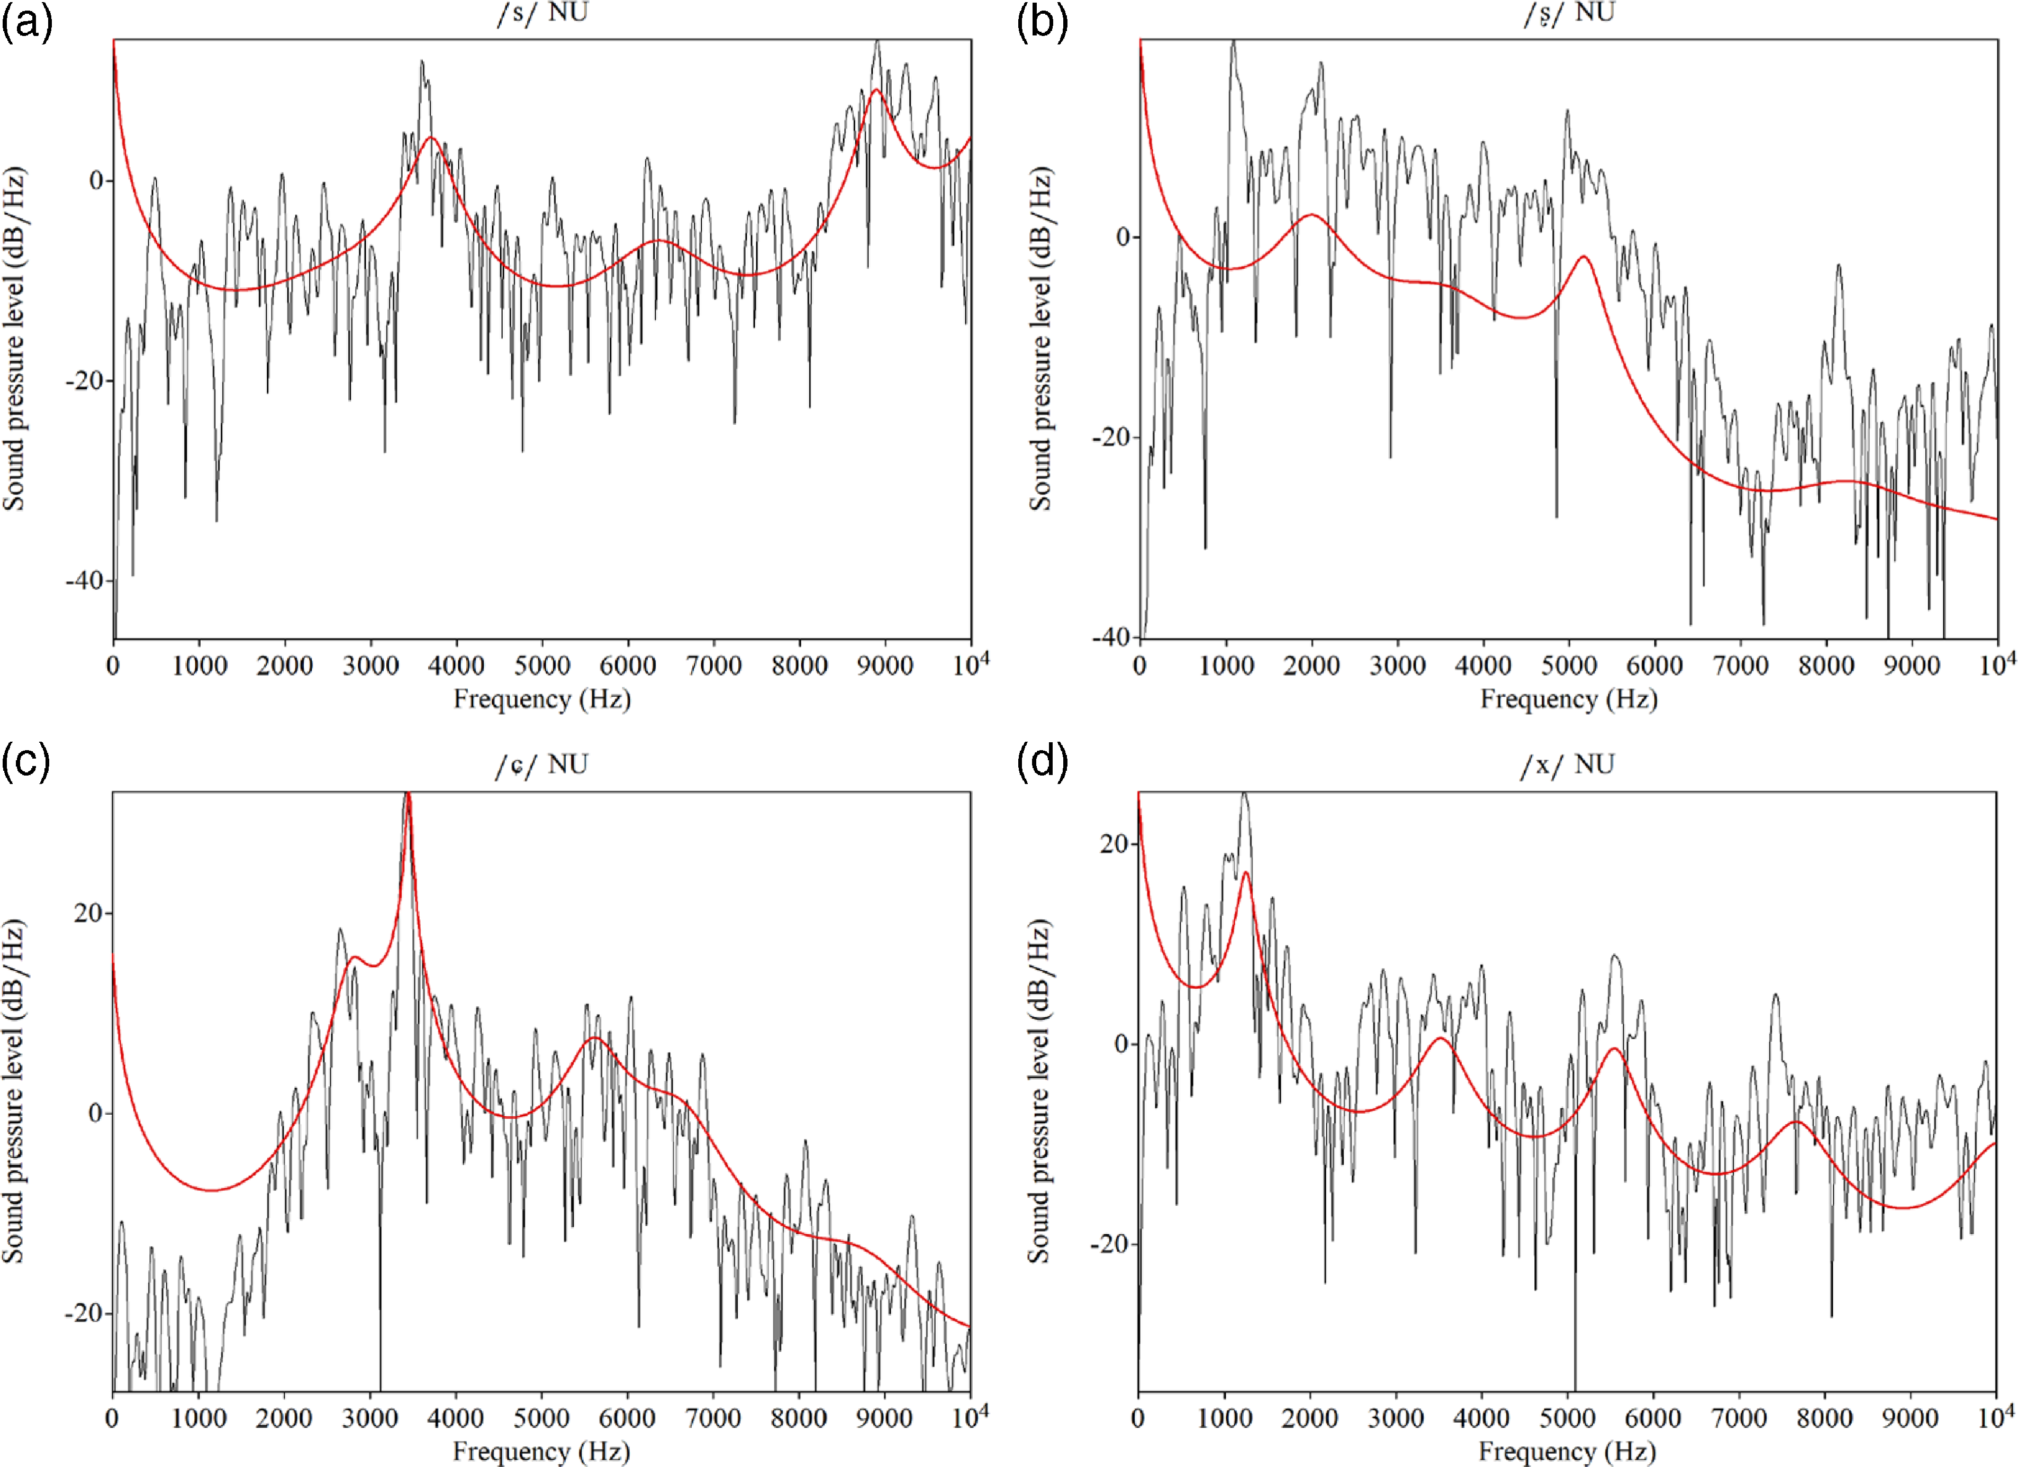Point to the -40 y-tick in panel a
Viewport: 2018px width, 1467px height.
click(x=85, y=580)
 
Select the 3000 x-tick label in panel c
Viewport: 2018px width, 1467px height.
click(x=370, y=1418)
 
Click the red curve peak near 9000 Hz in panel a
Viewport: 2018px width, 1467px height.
click(x=876, y=90)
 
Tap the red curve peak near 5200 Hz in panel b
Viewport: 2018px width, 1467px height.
click(x=1584, y=257)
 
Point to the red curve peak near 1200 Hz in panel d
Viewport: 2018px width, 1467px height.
click(x=1245, y=873)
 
